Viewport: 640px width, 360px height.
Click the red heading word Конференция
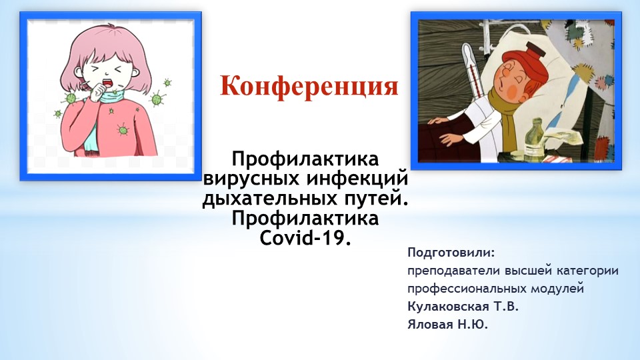[x=309, y=86]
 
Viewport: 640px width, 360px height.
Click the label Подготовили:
[x=451, y=253]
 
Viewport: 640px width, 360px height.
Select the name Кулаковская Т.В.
[x=462, y=307]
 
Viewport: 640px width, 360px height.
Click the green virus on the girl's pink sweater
[x=121, y=128]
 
